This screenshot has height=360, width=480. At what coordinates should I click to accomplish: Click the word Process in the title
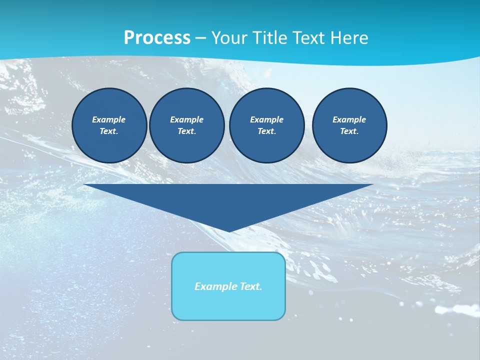tap(157, 38)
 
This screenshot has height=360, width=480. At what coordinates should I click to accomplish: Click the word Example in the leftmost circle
tap(109, 119)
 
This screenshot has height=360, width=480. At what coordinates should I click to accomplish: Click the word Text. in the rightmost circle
tap(349, 131)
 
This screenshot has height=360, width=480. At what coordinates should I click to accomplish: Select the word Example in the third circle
tap(266, 119)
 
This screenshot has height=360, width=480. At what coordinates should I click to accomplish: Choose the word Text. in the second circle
tap(186, 131)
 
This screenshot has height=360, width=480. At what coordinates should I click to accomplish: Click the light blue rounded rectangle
tap(228, 305)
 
